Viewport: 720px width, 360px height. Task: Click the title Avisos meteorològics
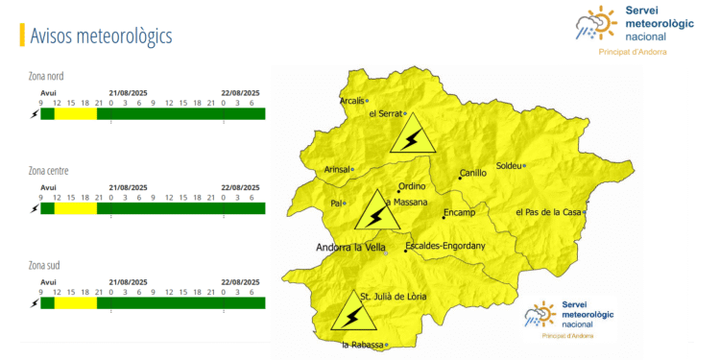[x=101, y=36]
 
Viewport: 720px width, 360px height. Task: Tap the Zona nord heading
[x=47, y=76]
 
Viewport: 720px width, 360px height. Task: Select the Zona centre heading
[x=49, y=171]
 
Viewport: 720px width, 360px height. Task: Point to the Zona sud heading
[x=46, y=265]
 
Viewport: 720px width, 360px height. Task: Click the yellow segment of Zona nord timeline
[x=75, y=114]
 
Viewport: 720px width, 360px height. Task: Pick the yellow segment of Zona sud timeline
[x=75, y=303]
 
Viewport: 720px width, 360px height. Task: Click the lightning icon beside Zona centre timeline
[x=36, y=208]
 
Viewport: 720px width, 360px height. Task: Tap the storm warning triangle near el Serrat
[x=412, y=136]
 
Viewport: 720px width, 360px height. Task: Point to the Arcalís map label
[x=352, y=100]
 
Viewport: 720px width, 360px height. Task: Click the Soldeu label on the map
[x=509, y=165]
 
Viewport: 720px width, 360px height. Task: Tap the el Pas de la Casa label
[x=548, y=212]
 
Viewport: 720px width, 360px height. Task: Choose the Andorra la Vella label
[x=350, y=247]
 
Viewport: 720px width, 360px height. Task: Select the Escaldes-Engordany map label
[x=445, y=247]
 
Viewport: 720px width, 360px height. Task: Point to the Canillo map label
[x=473, y=174]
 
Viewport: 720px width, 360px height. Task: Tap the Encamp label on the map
[x=459, y=211]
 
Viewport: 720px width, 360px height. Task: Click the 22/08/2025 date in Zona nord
[x=240, y=92]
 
